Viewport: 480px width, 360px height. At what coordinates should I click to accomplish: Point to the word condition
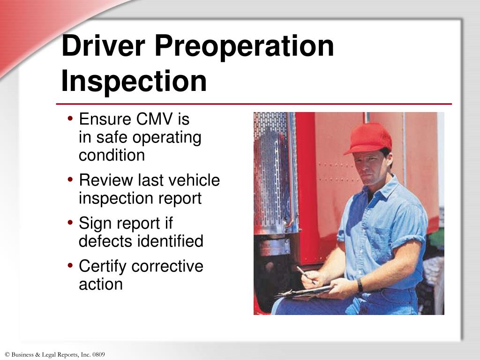point(112,155)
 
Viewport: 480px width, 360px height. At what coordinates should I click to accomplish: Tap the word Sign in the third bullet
point(93,224)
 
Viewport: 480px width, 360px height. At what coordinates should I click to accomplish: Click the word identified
point(170,241)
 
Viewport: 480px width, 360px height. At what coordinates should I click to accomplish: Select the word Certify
point(103,267)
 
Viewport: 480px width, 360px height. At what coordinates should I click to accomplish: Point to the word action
point(100,284)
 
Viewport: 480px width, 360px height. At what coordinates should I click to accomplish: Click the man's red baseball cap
point(370,138)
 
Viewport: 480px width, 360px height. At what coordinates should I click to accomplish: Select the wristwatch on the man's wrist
point(359,285)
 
